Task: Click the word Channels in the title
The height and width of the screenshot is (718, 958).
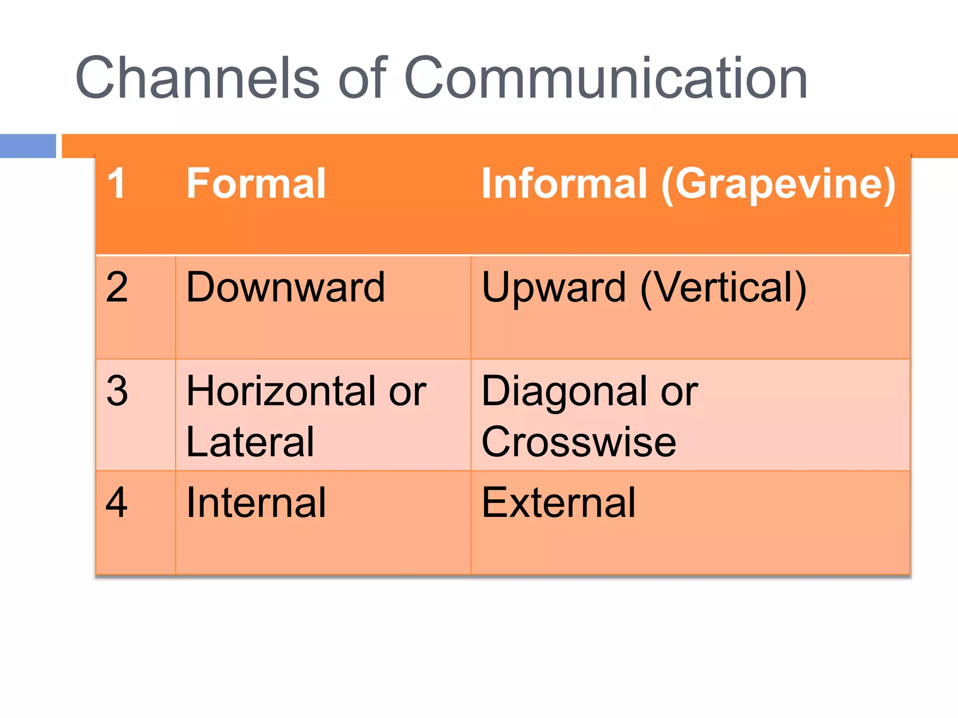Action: (196, 78)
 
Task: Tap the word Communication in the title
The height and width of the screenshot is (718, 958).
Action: (605, 78)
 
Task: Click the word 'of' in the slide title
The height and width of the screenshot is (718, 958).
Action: (363, 78)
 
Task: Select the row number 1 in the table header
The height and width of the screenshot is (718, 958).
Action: (116, 183)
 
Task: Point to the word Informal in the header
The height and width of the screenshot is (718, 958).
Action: (564, 183)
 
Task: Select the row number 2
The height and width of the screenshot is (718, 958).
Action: (117, 287)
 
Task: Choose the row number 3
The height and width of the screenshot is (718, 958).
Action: (117, 391)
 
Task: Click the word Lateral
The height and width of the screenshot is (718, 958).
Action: (250, 442)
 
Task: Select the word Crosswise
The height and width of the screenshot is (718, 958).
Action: (579, 442)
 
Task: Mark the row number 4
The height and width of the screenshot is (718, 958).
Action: (117, 503)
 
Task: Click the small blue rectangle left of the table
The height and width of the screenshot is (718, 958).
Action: (28, 146)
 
